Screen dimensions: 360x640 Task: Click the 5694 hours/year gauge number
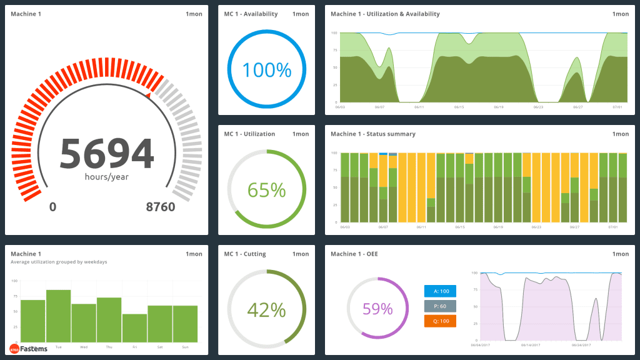point(106,153)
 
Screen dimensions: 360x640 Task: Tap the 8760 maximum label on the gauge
point(161,207)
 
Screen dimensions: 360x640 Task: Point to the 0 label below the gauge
point(52,207)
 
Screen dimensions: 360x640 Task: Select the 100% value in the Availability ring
point(267,70)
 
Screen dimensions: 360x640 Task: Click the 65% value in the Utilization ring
point(267,189)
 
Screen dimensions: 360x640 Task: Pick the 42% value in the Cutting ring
point(267,309)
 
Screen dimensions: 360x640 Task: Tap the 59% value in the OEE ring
point(377,309)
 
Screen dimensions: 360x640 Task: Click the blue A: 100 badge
point(440,291)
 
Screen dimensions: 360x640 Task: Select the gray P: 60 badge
point(440,306)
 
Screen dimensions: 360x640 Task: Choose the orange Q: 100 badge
point(440,321)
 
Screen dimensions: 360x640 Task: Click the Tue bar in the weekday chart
point(58,316)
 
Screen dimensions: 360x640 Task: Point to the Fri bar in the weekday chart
point(134,327)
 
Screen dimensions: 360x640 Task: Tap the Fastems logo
point(28,349)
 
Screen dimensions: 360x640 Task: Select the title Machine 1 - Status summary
point(372,134)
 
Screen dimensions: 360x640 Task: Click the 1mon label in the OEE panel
point(621,254)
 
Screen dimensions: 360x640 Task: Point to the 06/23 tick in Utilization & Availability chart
point(537,107)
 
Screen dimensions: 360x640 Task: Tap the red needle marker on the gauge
point(148,95)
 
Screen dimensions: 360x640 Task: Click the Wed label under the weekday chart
point(84,346)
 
